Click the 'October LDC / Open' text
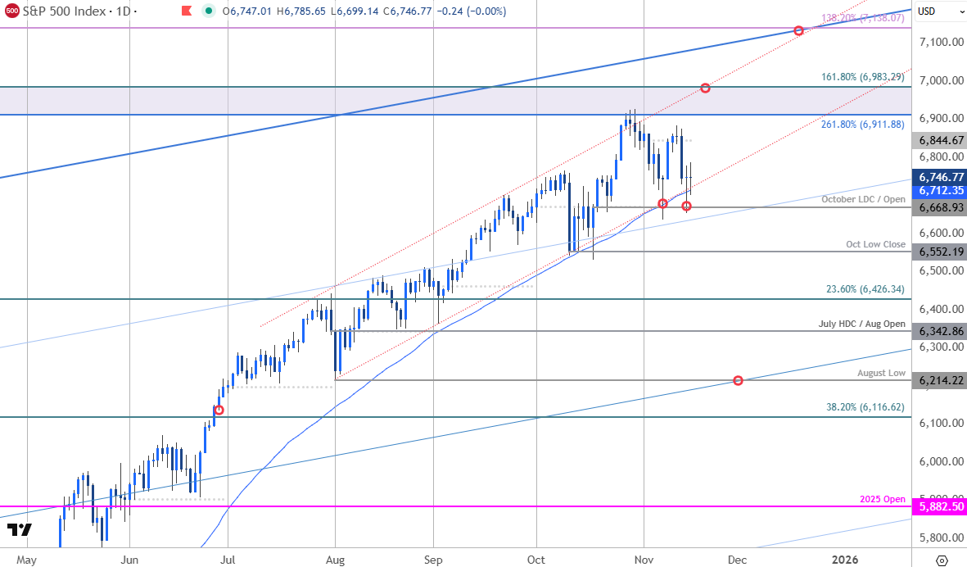click(x=863, y=199)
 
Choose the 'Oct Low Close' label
click(x=876, y=244)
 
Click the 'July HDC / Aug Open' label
click(x=862, y=324)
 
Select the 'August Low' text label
click(x=881, y=373)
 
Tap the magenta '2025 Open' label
click(x=883, y=499)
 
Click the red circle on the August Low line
click(x=739, y=380)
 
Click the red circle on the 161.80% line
click(x=705, y=88)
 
